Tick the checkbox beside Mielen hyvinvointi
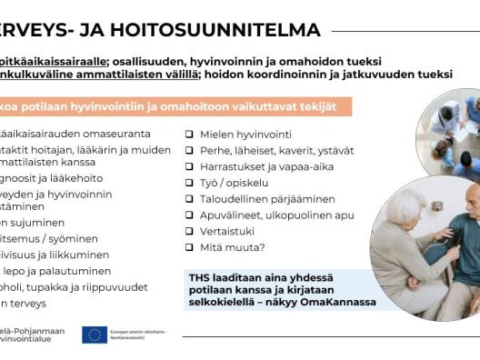pos(189,135)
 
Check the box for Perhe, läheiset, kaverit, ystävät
pos(189,151)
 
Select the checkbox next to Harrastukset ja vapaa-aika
pos(189,167)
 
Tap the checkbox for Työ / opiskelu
pos(189,183)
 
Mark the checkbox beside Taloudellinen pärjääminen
pos(189,199)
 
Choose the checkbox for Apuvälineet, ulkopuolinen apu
pos(189,215)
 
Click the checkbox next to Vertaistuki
pos(189,232)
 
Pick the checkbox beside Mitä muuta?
pos(189,247)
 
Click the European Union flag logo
pos(95,335)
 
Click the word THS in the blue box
pos(200,276)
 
